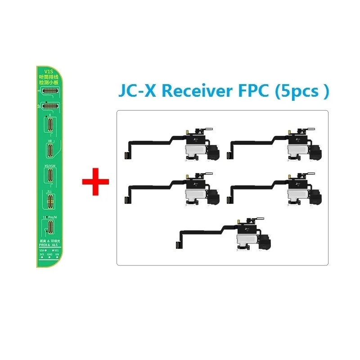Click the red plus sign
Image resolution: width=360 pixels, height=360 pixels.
pos(95,181)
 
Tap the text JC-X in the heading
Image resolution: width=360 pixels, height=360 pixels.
pos(137,91)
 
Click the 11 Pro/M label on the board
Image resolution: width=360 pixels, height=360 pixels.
pos(49,217)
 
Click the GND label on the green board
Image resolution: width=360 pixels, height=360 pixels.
pos(49,254)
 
